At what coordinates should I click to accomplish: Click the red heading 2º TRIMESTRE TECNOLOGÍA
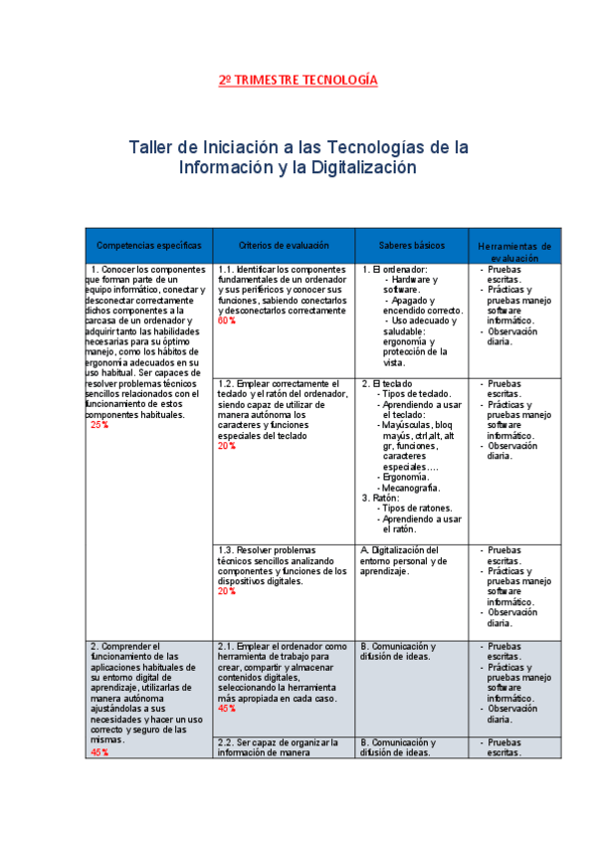coord(298,80)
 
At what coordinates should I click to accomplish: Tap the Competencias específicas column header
coord(149,245)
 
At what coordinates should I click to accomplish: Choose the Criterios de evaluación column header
coord(284,245)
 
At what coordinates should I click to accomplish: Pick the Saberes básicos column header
coord(412,245)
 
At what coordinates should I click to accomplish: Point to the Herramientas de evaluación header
coord(514,251)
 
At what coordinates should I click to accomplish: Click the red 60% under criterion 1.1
coord(226,321)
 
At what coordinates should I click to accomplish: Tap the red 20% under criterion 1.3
coord(226,591)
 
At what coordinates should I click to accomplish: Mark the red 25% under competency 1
coord(99,425)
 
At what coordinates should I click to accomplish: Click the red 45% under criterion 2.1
coord(226,709)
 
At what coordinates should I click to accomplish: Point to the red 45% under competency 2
coord(99,752)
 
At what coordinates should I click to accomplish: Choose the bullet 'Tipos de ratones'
coord(418,508)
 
